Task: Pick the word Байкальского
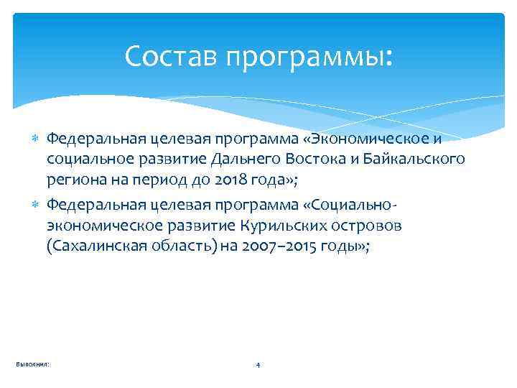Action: click(x=416, y=158)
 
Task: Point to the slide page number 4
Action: click(x=258, y=366)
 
